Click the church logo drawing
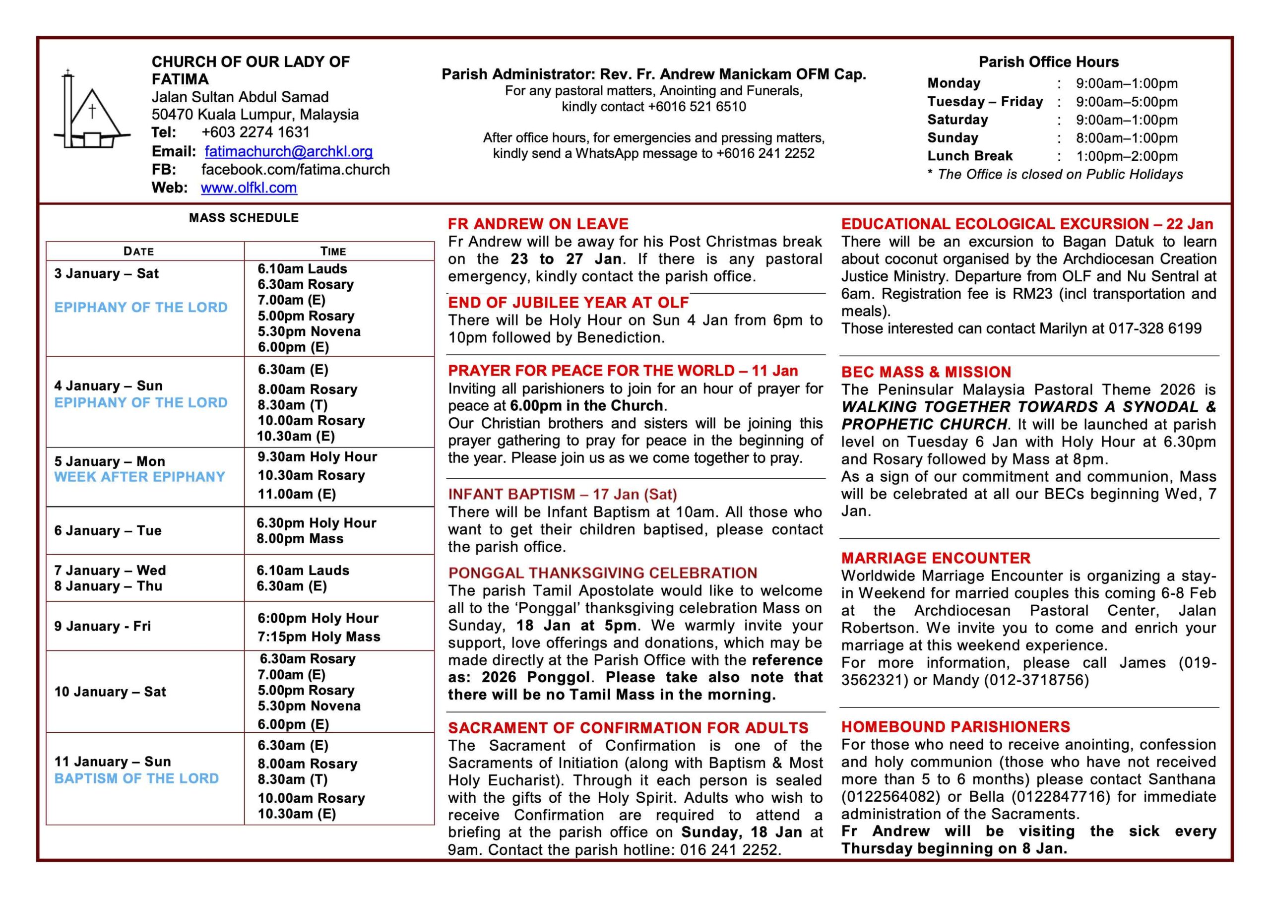tap(92, 111)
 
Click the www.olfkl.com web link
tap(249, 188)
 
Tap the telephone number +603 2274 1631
tap(255, 132)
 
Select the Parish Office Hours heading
tap(1048, 62)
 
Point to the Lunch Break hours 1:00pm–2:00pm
tap(1126, 156)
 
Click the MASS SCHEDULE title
tap(244, 218)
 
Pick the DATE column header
tap(138, 251)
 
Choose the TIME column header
tap(333, 251)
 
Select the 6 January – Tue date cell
tap(108, 530)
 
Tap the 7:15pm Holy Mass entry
tap(318, 637)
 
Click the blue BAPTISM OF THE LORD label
tap(136, 778)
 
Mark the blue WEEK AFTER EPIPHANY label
tap(139, 477)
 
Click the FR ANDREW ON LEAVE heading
tap(538, 224)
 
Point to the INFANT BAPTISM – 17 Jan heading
tap(562, 494)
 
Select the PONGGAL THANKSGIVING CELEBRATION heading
tap(602, 573)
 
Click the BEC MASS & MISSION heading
tap(925, 372)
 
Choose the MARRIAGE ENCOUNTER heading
tap(935, 558)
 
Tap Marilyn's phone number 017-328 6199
tap(1154, 328)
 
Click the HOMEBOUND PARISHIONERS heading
tap(955, 726)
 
